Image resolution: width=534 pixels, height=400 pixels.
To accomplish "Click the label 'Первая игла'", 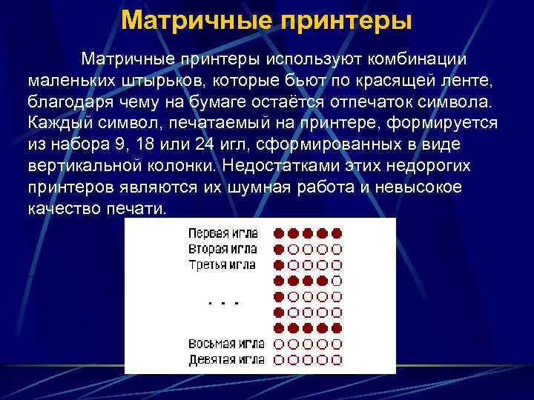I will pyautogui.click(x=222, y=232).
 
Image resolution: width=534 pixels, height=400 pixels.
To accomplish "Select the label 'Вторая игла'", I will pyautogui.click(x=222, y=248).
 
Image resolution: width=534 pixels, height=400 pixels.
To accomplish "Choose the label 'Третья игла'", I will pyautogui.click(x=222, y=264).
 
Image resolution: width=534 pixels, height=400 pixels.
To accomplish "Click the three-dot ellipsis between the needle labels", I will pyautogui.click(x=223, y=303).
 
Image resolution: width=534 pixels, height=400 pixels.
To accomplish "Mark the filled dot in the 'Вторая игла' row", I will pyautogui.click(x=280, y=249).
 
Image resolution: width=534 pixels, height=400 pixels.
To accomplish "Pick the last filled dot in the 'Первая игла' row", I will pyautogui.click(x=337, y=233).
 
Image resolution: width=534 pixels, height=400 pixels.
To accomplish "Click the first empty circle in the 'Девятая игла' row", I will pyautogui.click(x=280, y=361).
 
